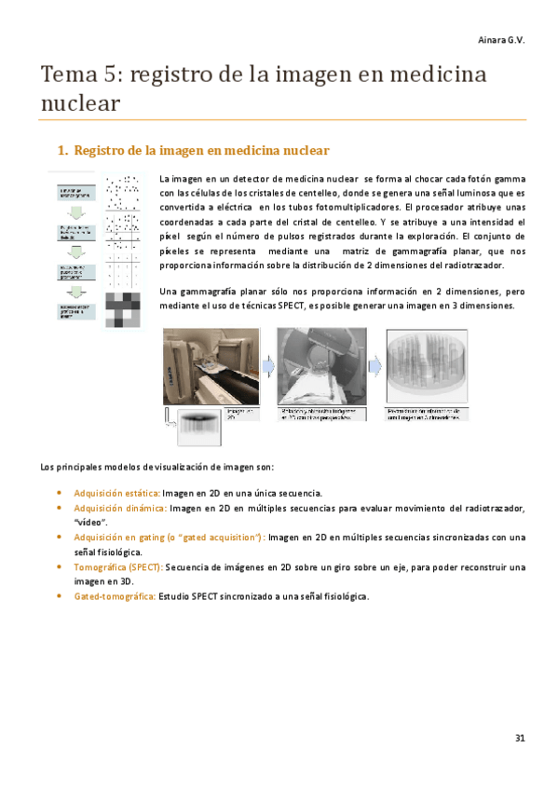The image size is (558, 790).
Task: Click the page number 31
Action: click(x=519, y=738)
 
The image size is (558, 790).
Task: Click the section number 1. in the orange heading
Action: click(x=62, y=150)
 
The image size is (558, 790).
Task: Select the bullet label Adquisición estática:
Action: click(x=116, y=492)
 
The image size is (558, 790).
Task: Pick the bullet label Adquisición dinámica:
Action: click(x=119, y=508)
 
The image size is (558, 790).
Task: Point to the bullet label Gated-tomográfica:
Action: click(x=115, y=596)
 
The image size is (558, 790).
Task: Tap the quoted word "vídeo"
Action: click(x=91, y=523)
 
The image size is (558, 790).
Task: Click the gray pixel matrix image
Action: click(x=123, y=310)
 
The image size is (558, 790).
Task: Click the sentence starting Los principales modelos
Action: click(x=156, y=466)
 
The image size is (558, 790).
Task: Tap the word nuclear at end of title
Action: click(x=81, y=104)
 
